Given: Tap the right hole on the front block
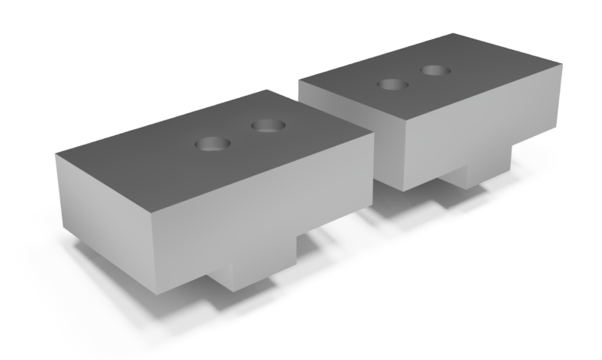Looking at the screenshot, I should click(266, 125).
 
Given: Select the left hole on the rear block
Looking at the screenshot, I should click(392, 84).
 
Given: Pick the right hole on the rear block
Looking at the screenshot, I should click(436, 70).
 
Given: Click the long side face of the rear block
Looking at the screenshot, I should click(483, 125).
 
